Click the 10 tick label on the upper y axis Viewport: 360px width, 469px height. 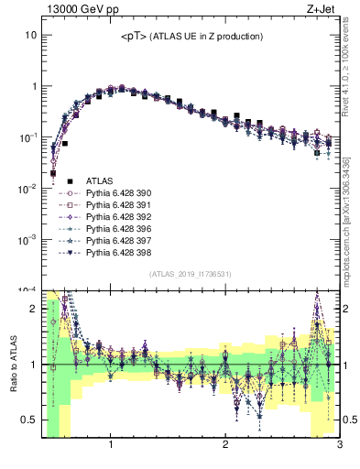coord(29,35)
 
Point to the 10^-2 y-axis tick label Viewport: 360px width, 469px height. coord(27,188)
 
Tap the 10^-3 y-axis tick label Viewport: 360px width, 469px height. coord(27,239)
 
